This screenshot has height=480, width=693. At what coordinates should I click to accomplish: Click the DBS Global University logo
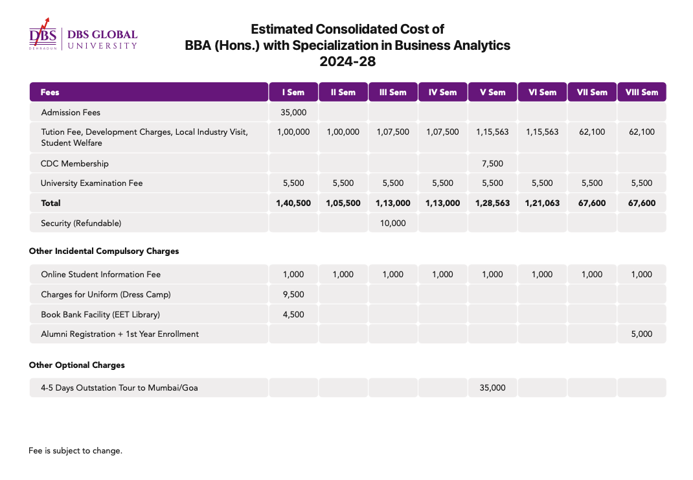coord(83,34)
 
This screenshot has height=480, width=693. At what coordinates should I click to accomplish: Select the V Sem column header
coord(492,93)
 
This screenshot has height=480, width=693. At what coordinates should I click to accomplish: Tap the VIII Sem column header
coord(642,93)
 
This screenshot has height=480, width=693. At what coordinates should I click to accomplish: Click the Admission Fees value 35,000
coord(293,113)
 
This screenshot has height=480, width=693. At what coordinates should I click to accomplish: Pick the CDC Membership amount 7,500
coord(492,163)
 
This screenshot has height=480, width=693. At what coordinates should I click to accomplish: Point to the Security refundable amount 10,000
coord(393,223)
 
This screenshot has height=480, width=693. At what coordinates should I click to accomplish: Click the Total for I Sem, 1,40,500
coord(293,203)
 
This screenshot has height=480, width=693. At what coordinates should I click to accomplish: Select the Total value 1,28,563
coord(492,203)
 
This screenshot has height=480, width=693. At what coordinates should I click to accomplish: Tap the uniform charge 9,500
coord(293,294)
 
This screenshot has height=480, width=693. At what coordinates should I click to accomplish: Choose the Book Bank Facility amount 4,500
coord(293,315)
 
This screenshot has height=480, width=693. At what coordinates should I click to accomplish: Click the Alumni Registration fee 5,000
coord(642,334)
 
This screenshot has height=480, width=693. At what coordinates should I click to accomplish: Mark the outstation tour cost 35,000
coord(492,387)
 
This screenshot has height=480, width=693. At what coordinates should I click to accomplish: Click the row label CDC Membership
coord(74,163)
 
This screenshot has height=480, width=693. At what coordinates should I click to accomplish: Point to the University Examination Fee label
coord(91,183)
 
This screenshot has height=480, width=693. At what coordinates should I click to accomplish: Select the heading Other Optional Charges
coord(77,365)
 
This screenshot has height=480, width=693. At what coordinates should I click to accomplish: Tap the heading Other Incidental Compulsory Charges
coord(104,251)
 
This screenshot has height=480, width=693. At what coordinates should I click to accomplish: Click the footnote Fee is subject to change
coord(75,451)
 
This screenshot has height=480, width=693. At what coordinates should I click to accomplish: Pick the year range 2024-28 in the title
coord(347,62)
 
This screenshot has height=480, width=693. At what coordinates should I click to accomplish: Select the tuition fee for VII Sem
coord(592,131)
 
